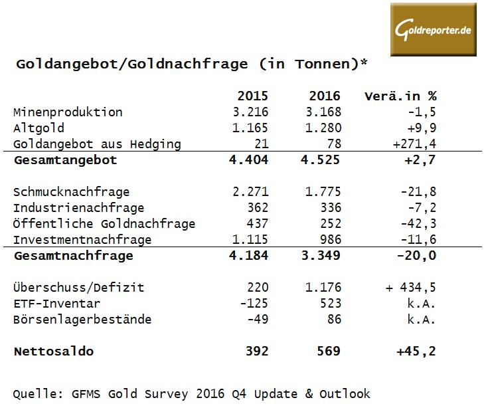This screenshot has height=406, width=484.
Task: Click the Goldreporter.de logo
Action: (x=434, y=29)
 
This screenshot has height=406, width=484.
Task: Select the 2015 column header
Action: (x=252, y=96)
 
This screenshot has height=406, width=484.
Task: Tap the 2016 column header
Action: (x=325, y=96)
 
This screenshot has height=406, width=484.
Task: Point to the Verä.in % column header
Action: (x=400, y=96)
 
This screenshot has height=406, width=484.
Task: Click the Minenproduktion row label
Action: (x=68, y=112)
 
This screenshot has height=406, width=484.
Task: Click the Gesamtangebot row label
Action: (x=65, y=160)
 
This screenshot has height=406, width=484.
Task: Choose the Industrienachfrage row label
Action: (x=78, y=209)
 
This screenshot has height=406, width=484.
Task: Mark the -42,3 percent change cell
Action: (x=418, y=224)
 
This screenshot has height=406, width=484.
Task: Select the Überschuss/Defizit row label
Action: (x=78, y=288)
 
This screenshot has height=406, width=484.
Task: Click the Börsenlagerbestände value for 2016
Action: (x=334, y=320)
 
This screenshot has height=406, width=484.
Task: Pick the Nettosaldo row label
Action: (x=54, y=352)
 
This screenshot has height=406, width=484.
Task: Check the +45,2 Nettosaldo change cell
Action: (x=416, y=352)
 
